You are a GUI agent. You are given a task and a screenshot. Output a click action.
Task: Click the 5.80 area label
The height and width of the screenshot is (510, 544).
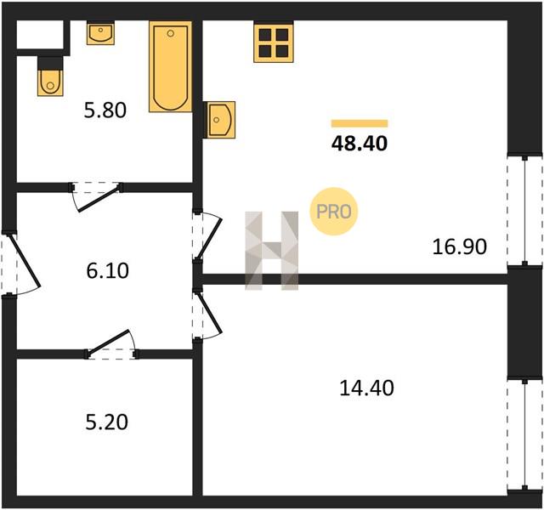[x=105, y=110]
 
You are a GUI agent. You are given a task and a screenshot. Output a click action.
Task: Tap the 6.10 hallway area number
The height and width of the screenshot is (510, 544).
[x=108, y=270]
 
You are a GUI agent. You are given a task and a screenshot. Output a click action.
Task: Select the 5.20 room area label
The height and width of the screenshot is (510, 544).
[x=107, y=422]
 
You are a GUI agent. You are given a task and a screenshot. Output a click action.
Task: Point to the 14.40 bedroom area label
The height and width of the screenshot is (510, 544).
[x=366, y=388]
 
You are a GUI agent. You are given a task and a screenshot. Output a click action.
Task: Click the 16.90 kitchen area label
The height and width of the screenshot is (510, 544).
[x=460, y=247]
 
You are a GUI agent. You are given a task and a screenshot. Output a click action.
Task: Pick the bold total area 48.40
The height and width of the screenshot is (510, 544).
[x=360, y=144]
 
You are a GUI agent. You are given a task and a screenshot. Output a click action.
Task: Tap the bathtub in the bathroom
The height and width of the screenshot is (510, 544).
[x=170, y=66]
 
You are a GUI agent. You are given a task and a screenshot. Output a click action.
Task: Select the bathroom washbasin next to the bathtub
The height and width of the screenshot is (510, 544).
[x=100, y=33]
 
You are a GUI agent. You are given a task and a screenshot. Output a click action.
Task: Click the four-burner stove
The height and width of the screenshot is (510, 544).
[x=274, y=42]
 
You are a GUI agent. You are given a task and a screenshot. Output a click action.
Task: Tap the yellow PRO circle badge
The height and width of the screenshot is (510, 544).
[x=334, y=212]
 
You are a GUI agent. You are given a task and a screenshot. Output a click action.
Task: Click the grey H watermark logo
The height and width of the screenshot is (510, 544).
[x=272, y=250]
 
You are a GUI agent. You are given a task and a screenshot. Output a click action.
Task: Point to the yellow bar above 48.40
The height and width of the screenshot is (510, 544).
[x=360, y=123]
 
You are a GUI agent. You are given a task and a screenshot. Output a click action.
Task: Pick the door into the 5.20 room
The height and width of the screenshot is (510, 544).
[x=111, y=344]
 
